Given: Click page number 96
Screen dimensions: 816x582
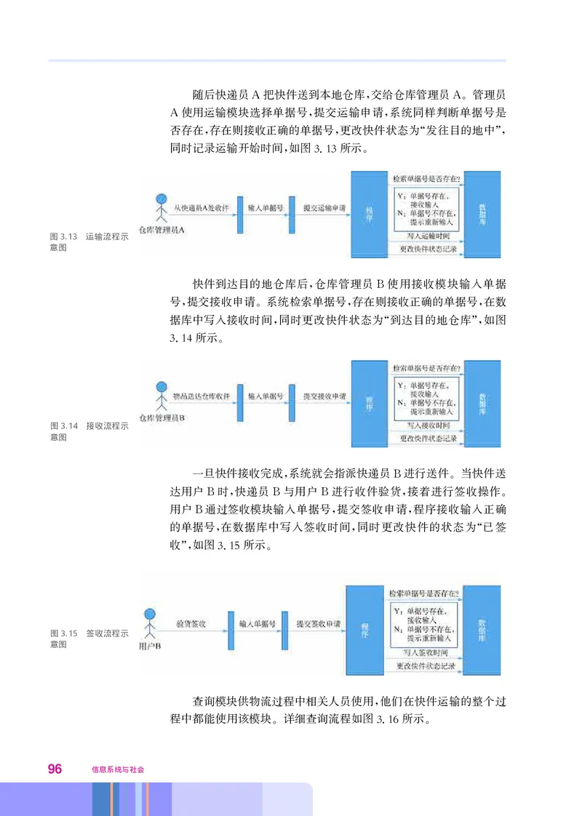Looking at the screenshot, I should click(55, 769).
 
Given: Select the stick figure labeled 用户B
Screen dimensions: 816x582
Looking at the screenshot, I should click(151, 621).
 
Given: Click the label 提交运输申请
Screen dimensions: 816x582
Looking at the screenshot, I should click(324, 207).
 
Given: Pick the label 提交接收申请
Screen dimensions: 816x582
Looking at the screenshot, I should click(324, 397).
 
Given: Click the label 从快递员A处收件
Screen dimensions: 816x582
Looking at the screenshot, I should click(202, 207).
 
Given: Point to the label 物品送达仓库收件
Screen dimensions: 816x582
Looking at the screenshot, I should click(201, 397).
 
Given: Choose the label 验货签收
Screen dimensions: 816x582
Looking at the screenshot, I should click(191, 624).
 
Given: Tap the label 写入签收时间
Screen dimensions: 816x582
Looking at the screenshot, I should click(426, 652).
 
